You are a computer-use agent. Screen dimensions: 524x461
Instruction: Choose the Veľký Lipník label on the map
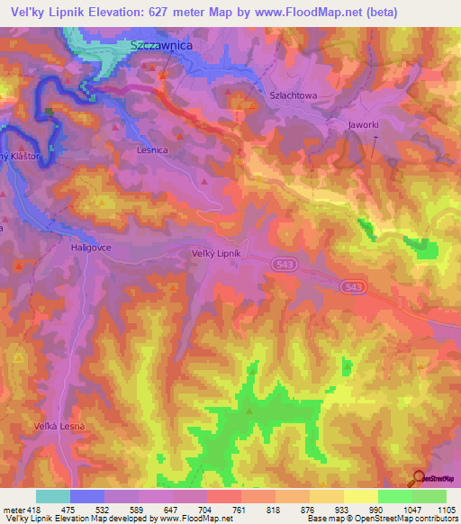(x=217, y=254)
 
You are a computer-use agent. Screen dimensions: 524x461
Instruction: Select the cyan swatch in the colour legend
(x=53, y=496)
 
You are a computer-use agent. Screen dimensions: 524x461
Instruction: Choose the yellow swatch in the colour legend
(x=361, y=496)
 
